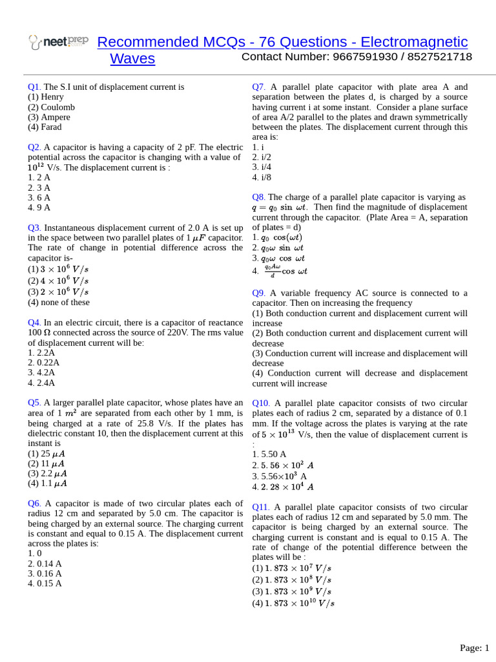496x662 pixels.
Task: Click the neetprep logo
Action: (x=58, y=42)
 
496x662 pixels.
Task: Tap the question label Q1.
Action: (x=34, y=87)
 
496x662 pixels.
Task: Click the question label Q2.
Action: (x=34, y=147)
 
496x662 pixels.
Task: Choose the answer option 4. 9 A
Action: (x=39, y=208)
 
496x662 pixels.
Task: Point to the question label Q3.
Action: (x=34, y=228)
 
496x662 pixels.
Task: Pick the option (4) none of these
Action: (x=59, y=302)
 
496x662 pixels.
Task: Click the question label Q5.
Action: (x=34, y=403)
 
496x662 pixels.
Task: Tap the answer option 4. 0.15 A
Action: (x=45, y=583)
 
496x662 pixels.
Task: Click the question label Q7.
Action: (x=259, y=87)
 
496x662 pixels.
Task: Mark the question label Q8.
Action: (x=259, y=197)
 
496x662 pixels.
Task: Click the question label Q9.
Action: (x=259, y=293)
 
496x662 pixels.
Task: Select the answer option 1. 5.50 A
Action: (x=269, y=454)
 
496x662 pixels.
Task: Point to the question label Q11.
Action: (x=261, y=507)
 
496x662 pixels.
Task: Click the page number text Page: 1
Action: (x=474, y=648)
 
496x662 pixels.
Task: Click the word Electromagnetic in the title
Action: (x=414, y=42)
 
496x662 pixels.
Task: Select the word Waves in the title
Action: (x=132, y=59)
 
